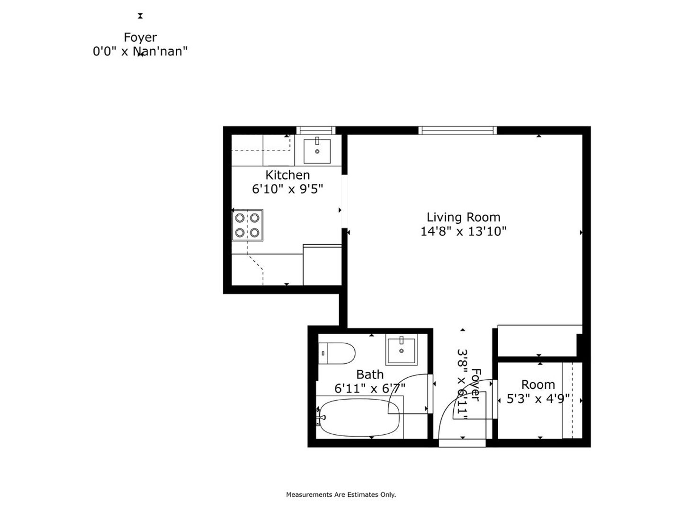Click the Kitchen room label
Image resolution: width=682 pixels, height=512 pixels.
click(x=287, y=175)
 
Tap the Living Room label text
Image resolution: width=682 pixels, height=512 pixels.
click(x=463, y=217)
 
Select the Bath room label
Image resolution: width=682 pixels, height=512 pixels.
click(x=370, y=375)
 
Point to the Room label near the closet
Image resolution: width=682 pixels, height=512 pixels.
click(x=538, y=385)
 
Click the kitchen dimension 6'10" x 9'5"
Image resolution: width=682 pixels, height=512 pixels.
click(x=287, y=189)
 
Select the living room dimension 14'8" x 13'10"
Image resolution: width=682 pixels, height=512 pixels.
click(x=463, y=231)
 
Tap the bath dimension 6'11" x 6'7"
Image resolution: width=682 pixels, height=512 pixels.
click(x=370, y=388)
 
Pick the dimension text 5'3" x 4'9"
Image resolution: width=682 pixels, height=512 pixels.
click(x=538, y=399)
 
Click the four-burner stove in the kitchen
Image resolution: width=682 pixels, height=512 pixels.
click(x=247, y=225)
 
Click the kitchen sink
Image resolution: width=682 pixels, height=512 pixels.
click(x=317, y=151)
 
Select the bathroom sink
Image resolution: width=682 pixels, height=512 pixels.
click(x=402, y=350)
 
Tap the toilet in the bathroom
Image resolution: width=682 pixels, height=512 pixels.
click(x=336, y=353)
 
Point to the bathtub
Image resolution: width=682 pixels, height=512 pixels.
click(x=359, y=418)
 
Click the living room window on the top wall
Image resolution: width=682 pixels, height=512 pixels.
click(x=458, y=130)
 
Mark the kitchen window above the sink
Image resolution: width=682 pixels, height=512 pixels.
click(x=316, y=130)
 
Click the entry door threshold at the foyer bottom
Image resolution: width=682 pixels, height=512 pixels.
click(x=462, y=443)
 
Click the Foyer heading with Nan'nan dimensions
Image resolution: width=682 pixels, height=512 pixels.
click(x=140, y=44)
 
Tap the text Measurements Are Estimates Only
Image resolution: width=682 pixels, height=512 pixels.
click(x=341, y=494)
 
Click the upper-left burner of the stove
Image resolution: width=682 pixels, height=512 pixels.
click(x=240, y=218)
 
